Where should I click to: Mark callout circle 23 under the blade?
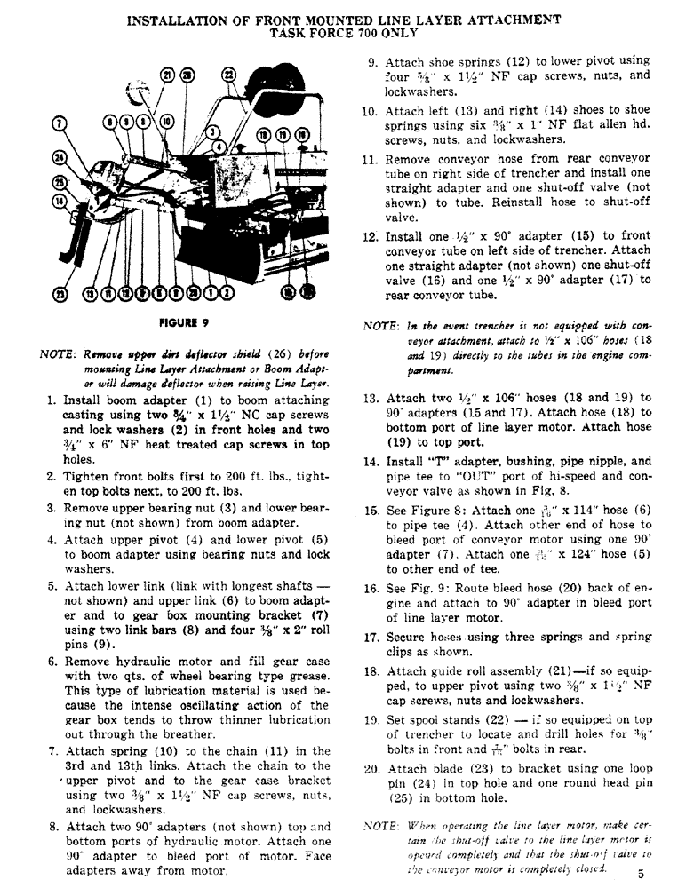click(61, 294)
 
